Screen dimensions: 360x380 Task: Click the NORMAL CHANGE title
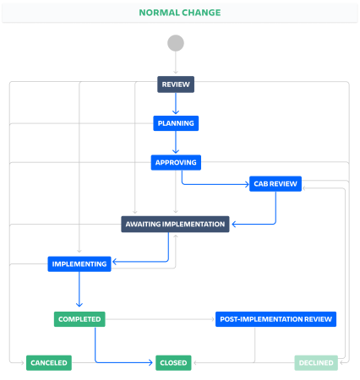tap(180, 13)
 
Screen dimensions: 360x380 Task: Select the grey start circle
tap(176, 43)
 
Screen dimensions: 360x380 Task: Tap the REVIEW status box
tap(176, 84)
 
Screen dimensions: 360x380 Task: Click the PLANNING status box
tap(176, 123)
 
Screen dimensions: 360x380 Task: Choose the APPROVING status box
tap(176, 162)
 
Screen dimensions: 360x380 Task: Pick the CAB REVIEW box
tap(275, 184)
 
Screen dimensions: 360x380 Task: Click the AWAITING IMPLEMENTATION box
tap(175, 225)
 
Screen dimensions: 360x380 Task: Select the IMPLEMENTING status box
tap(79, 264)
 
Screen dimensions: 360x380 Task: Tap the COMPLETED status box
tap(79, 319)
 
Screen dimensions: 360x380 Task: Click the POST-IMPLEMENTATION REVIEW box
tap(276, 319)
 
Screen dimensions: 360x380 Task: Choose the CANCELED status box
tap(49, 363)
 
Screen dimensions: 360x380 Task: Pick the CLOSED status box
tap(173, 363)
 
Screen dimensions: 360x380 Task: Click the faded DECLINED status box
tap(316, 363)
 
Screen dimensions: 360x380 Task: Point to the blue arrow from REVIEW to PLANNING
tap(176, 103)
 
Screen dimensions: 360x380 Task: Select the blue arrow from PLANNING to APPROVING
tap(176, 142)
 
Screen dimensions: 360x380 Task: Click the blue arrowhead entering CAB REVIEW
tap(247, 184)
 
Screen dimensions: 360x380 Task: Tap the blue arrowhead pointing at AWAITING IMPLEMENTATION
tap(234, 224)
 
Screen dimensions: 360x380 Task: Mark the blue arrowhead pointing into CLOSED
tap(150, 362)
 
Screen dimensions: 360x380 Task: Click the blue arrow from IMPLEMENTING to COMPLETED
tap(79, 289)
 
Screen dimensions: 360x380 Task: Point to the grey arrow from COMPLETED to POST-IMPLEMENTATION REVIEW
tap(160, 319)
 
